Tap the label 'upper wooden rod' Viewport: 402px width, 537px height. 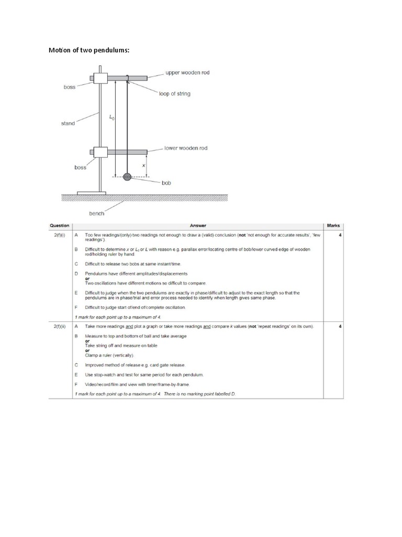point(187,72)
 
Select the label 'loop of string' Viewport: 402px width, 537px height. point(175,94)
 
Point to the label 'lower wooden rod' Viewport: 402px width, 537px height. point(186,148)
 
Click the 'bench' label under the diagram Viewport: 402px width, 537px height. point(96,213)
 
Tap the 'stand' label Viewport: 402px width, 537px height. point(68,123)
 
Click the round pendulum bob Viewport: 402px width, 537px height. point(127,177)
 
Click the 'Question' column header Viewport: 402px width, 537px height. point(60,226)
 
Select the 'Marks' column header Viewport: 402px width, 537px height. point(333,226)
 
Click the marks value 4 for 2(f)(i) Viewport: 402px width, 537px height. point(340,235)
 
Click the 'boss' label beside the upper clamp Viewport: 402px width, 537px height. point(70,87)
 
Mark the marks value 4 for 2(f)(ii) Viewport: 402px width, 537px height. point(340,326)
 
